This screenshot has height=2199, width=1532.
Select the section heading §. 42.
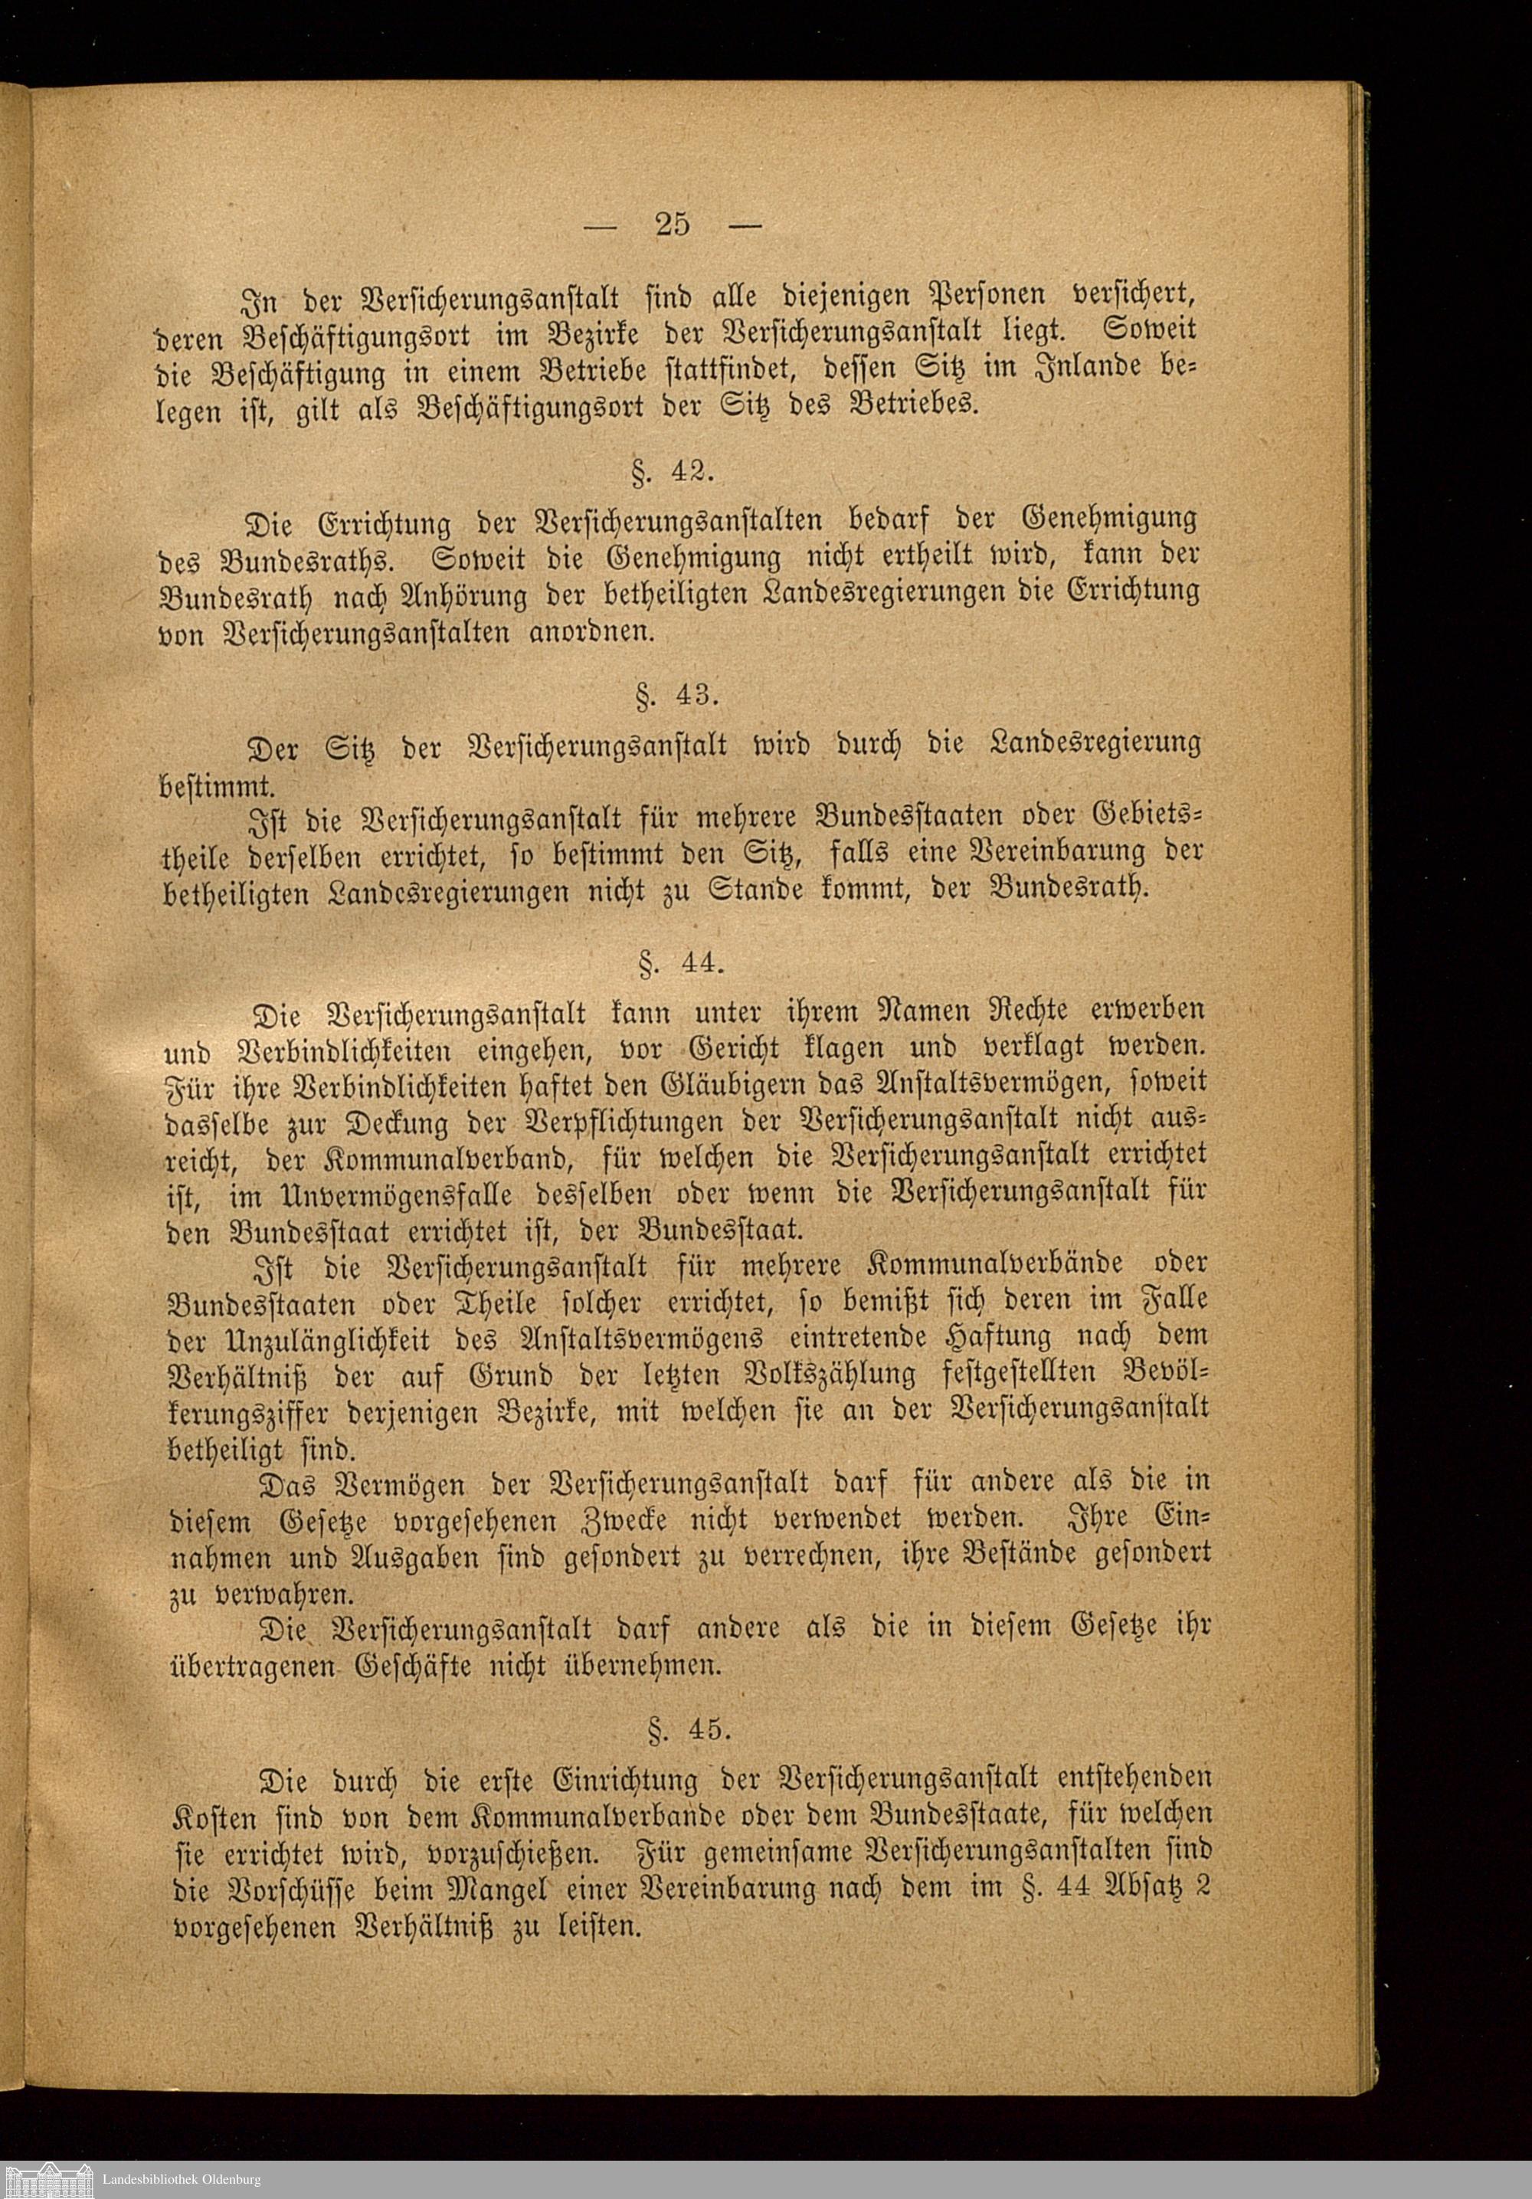(x=673, y=471)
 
